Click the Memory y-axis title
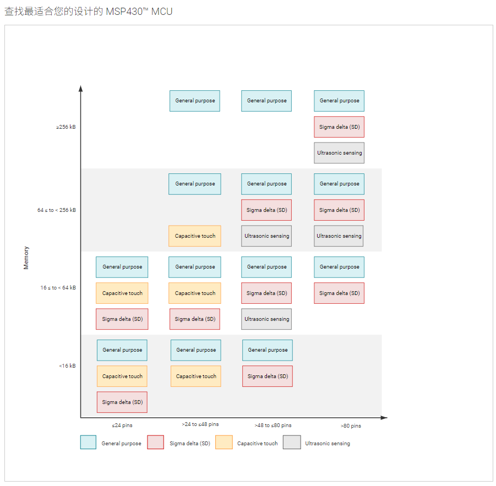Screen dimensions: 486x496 coord(26,258)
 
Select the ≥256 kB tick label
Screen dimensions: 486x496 coord(66,127)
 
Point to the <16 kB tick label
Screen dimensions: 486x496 coord(67,366)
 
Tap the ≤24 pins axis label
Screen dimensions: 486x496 coord(122,425)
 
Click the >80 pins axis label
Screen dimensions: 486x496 coord(351,426)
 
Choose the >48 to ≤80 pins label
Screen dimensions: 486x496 coord(273,425)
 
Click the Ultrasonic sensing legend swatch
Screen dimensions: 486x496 coord(292,443)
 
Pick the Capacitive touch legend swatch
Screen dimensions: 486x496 coord(224,443)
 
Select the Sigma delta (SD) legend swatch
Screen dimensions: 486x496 coord(156,443)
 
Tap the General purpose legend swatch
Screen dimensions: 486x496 coord(88,443)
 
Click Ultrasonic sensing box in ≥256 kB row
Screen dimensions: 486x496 coord(340,153)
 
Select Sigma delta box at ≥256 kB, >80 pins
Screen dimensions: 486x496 coord(339,127)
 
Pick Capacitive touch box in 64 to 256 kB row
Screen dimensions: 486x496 coord(195,236)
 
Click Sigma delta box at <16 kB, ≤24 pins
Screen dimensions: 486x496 coord(122,402)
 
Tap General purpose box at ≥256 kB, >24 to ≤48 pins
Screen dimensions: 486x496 coord(195,101)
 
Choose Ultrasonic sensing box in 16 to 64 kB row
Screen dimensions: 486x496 coord(266,319)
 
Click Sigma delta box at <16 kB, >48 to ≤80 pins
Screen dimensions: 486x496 coord(268,376)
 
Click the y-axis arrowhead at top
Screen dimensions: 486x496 coord(81,88)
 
